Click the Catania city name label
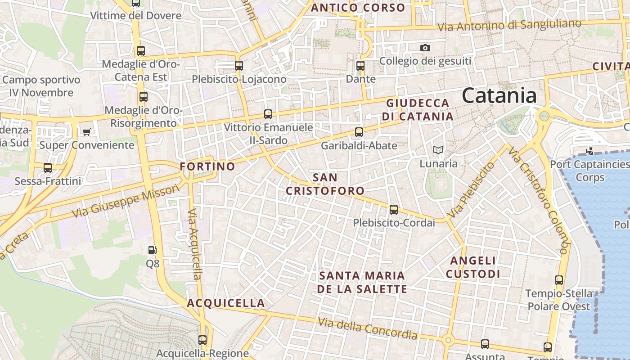pyautogui.click(x=499, y=96)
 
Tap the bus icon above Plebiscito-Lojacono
pyautogui.click(x=239, y=65)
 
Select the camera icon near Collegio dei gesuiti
pyautogui.click(x=425, y=48)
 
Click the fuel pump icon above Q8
pyautogui.click(x=153, y=250)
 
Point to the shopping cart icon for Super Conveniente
pyautogui.click(x=86, y=132)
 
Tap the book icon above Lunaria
pyautogui.click(x=438, y=150)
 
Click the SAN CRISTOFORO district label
pyautogui.click(x=325, y=184)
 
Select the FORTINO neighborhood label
pyautogui.click(x=207, y=166)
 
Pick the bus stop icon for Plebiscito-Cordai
pyautogui.click(x=394, y=209)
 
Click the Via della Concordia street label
pyautogui.click(x=368, y=329)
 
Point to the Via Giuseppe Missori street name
pyautogui.click(x=126, y=200)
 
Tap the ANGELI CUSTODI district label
pyautogui.click(x=473, y=267)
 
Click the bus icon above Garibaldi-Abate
pyautogui.click(x=359, y=132)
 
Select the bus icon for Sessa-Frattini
pyautogui.click(x=48, y=168)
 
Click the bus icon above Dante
pyautogui.click(x=360, y=66)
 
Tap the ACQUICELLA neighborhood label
pyautogui.click(x=226, y=303)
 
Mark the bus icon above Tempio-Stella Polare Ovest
pyautogui.click(x=559, y=280)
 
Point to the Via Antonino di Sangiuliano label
pyautogui.click(x=509, y=26)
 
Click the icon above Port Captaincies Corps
pyautogui.click(x=589, y=151)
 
